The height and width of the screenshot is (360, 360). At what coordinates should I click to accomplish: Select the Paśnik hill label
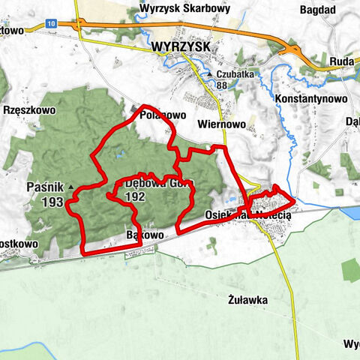(x=43, y=187)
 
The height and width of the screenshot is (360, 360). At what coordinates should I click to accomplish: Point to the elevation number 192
(x=136, y=196)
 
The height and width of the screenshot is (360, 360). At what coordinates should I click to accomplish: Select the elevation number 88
(x=221, y=85)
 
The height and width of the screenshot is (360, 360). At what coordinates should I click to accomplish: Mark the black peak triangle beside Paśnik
(x=70, y=187)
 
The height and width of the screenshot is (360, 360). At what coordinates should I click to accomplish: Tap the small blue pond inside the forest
(x=119, y=157)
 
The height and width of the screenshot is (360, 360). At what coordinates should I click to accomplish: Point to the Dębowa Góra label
(x=154, y=183)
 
